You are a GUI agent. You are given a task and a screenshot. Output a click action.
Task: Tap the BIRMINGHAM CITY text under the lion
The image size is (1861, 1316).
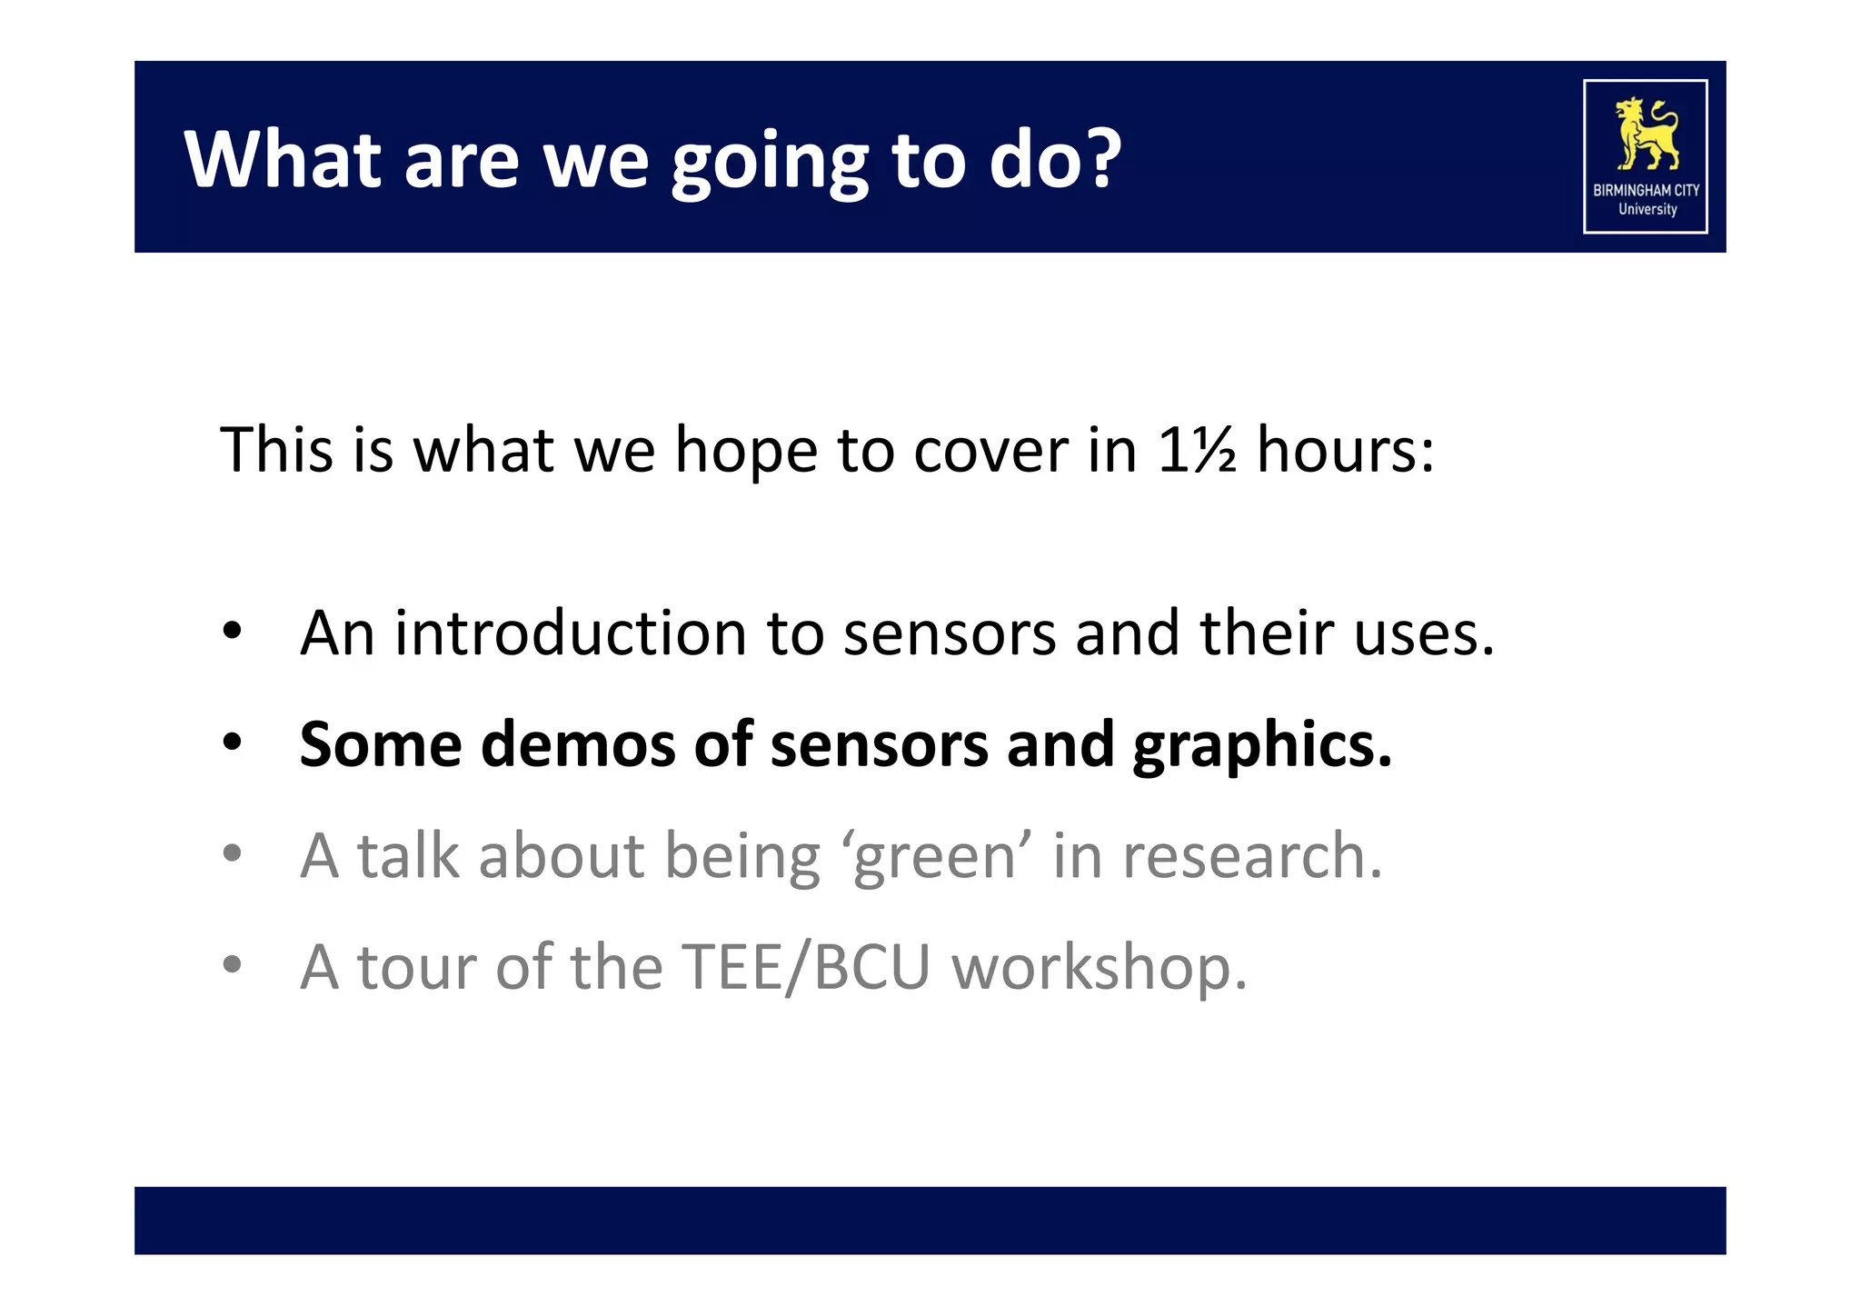(x=1646, y=191)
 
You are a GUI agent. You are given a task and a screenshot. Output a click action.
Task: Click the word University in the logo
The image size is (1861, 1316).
(x=1647, y=209)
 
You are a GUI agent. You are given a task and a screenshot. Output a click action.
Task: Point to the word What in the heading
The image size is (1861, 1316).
(x=283, y=159)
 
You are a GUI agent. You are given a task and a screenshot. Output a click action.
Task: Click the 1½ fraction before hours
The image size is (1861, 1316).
(x=1196, y=450)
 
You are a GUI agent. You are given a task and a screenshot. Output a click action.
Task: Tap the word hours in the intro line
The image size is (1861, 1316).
(x=1344, y=450)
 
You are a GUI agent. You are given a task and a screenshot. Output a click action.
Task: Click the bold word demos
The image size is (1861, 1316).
(x=577, y=745)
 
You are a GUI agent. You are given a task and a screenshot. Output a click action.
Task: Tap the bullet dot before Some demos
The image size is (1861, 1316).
(x=233, y=743)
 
